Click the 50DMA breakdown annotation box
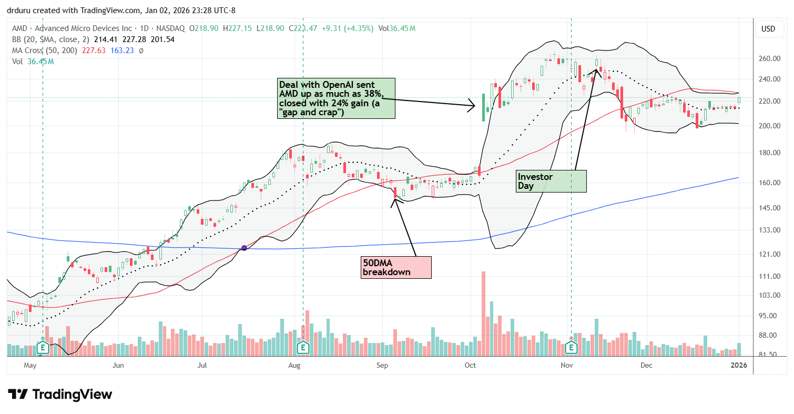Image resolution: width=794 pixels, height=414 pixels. pos(396,267)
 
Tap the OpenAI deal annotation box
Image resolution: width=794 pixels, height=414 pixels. pos(336,98)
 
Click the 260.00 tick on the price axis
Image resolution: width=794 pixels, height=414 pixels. pos(769,59)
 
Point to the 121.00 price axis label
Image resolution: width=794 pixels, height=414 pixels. pos(769,254)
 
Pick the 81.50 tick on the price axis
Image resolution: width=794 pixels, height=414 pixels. pos(769,355)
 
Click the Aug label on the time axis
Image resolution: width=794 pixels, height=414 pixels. pos(294,365)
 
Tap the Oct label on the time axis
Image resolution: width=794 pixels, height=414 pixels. pos(471,365)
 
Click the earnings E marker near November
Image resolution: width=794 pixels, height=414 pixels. pos(571,347)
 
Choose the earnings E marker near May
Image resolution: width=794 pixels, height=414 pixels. pos(43,347)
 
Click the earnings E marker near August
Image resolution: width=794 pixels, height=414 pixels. pos(303,347)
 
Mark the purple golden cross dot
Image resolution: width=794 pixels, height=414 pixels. pos(244,248)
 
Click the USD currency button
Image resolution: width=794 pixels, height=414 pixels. pos(768,29)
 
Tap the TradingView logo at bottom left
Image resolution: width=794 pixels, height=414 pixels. pos(60,394)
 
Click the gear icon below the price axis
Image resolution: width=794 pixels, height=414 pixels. pos(768,365)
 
